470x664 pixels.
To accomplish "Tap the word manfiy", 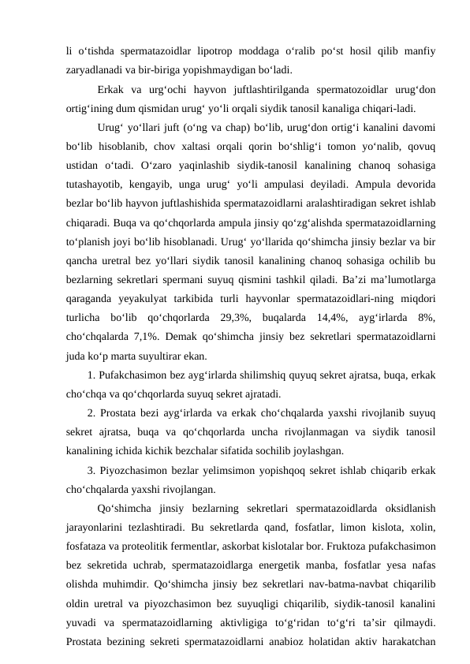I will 420,51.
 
